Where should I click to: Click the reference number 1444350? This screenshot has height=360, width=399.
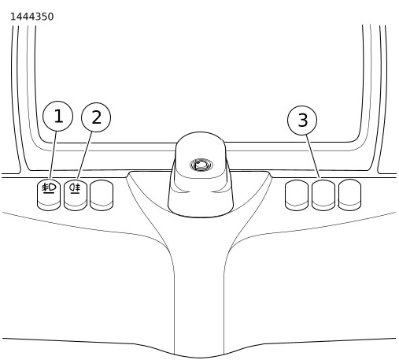click(x=31, y=17)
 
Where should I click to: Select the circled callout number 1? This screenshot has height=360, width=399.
click(x=57, y=116)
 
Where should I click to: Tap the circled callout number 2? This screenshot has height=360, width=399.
click(x=96, y=117)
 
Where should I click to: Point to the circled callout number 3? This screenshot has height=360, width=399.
click(x=302, y=120)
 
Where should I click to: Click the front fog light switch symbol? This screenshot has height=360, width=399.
click(x=49, y=187)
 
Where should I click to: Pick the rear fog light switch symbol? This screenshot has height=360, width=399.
click(x=75, y=187)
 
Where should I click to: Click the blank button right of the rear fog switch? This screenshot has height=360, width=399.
click(x=102, y=195)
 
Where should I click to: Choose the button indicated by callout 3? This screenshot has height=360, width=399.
click(x=323, y=195)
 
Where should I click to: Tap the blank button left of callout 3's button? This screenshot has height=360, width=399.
click(x=297, y=195)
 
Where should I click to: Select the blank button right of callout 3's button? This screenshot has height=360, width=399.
click(x=349, y=195)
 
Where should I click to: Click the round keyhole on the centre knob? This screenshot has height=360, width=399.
click(x=201, y=165)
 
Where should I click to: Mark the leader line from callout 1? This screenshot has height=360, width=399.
click(x=53, y=155)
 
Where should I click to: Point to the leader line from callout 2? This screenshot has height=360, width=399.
click(x=85, y=155)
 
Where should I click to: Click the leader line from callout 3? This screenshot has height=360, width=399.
click(x=312, y=157)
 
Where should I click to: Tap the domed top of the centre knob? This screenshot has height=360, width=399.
click(x=201, y=155)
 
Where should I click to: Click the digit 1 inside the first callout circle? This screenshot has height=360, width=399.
click(x=58, y=116)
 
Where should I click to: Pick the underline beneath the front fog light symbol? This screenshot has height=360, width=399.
click(x=49, y=193)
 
